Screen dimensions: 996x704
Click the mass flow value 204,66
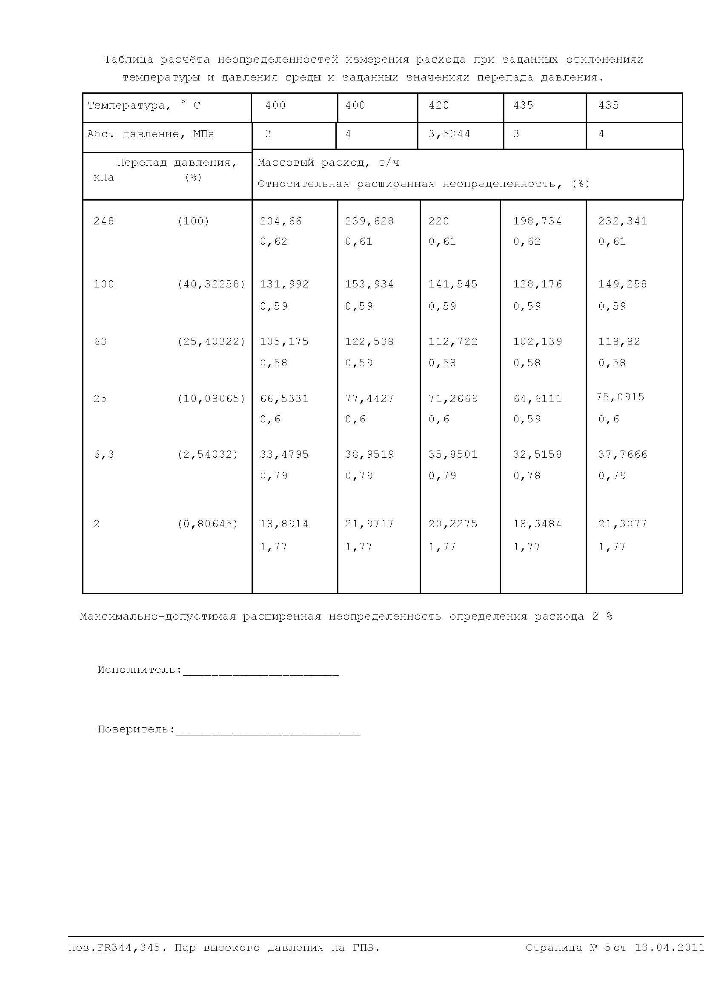click(280, 221)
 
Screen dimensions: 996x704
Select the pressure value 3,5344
click(449, 134)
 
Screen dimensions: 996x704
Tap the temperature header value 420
click(439, 106)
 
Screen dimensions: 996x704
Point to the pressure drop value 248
click(103, 221)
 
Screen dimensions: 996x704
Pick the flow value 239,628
click(369, 221)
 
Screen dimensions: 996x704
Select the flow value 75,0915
click(620, 397)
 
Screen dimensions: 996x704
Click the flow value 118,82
click(619, 342)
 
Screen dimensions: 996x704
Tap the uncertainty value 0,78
click(527, 476)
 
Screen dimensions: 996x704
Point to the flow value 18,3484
click(537, 524)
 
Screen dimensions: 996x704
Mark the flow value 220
click(439, 221)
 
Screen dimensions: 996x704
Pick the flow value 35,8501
click(452, 455)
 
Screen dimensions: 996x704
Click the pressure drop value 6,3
click(103, 455)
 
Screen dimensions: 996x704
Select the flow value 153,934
click(369, 284)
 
